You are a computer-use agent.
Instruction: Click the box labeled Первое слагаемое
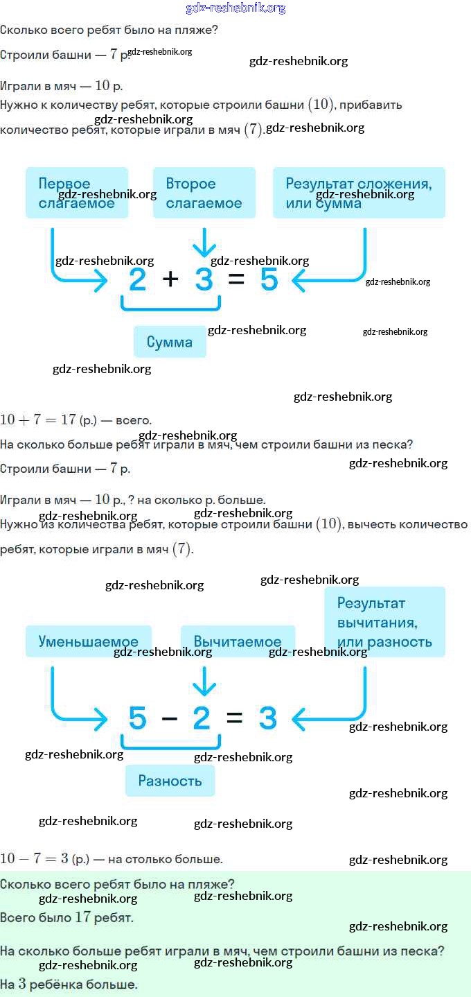tap(77, 193)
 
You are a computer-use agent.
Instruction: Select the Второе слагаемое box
tap(204, 193)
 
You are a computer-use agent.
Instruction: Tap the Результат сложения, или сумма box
tap(359, 193)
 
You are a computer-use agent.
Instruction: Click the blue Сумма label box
tap(170, 342)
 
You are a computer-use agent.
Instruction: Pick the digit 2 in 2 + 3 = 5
tap(138, 280)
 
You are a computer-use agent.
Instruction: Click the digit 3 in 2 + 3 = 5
tap(204, 280)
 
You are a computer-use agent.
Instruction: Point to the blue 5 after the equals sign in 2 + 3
tap(269, 280)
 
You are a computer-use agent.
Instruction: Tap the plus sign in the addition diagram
tap(170, 280)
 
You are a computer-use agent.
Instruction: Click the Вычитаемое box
tap(238, 641)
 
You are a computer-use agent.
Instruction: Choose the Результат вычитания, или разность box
tap(384, 622)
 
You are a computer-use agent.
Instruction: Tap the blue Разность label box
tap(170, 781)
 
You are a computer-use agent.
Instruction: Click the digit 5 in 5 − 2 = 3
tap(138, 719)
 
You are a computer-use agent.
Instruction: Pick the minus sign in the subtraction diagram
tap(170, 719)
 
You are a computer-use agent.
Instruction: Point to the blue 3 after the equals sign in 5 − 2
tap(268, 719)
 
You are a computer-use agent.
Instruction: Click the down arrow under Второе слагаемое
tap(204, 243)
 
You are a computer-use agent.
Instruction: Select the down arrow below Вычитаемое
tap(204, 680)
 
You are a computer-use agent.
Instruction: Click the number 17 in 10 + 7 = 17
tap(68, 419)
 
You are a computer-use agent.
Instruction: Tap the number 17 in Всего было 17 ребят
tap(83, 918)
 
